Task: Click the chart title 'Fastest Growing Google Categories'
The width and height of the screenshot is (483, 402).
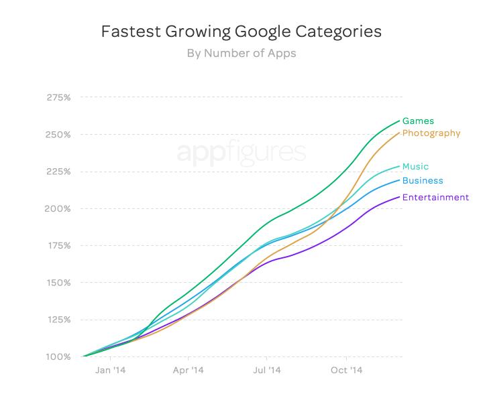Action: click(x=241, y=32)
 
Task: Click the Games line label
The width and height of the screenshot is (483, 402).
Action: click(x=418, y=121)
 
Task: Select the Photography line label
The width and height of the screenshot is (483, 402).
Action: click(x=431, y=133)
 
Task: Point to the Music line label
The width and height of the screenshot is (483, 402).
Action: click(x=415, y=167)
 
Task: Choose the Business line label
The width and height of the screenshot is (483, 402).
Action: click(x=423, y=181)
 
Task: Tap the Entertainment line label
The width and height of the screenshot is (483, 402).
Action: click(x=435, y=198)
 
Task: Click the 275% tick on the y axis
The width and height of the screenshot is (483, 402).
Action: click(x=58, y=98)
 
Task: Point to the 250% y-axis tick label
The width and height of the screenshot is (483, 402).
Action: click(x=58, y=135)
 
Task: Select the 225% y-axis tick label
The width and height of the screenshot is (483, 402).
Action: click(x=58, y=172)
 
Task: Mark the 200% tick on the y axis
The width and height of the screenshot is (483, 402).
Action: click(x=58, y=208)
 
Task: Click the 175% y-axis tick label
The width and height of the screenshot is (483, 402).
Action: click(x=58, y=246)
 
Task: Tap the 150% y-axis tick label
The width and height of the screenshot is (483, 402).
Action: click(x=58, y=283)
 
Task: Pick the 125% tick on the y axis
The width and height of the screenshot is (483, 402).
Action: click(x=58, y=320)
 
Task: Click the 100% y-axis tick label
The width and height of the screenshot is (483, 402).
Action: click(x=58, y=356)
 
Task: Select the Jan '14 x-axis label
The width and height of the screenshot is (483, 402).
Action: click(x=111, y=370)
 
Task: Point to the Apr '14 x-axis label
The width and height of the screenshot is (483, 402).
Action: click(x=189, y=370)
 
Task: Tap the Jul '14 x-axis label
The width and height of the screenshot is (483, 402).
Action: click(x=267, y=370)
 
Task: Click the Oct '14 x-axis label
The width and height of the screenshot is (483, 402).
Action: click(x=347, y=370)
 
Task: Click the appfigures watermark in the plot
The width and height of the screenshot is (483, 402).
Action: click(x=241, y=153)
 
